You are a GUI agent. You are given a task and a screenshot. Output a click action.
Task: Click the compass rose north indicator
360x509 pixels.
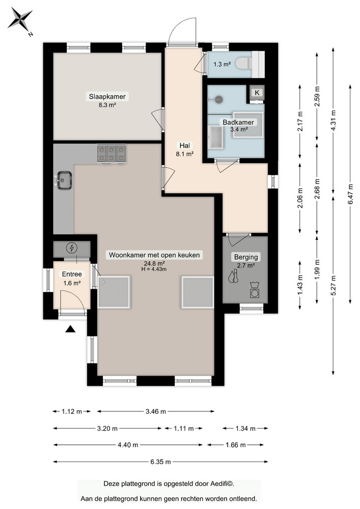21,20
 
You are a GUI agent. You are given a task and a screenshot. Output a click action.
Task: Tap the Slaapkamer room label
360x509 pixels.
107,96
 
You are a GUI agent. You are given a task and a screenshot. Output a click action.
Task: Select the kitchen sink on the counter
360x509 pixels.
64,179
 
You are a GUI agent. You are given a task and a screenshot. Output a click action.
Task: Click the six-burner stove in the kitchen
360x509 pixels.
112,154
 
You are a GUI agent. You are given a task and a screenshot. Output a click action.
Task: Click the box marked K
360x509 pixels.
257,93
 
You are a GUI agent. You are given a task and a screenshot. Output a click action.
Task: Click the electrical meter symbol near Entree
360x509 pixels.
72,248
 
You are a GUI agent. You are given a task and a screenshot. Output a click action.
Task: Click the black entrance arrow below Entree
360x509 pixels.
70,329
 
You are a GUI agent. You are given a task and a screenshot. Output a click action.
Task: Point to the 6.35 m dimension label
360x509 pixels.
160,462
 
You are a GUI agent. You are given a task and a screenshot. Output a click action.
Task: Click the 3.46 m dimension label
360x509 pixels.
155,411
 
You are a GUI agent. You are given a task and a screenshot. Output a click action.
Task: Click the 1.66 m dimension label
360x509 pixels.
236,444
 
